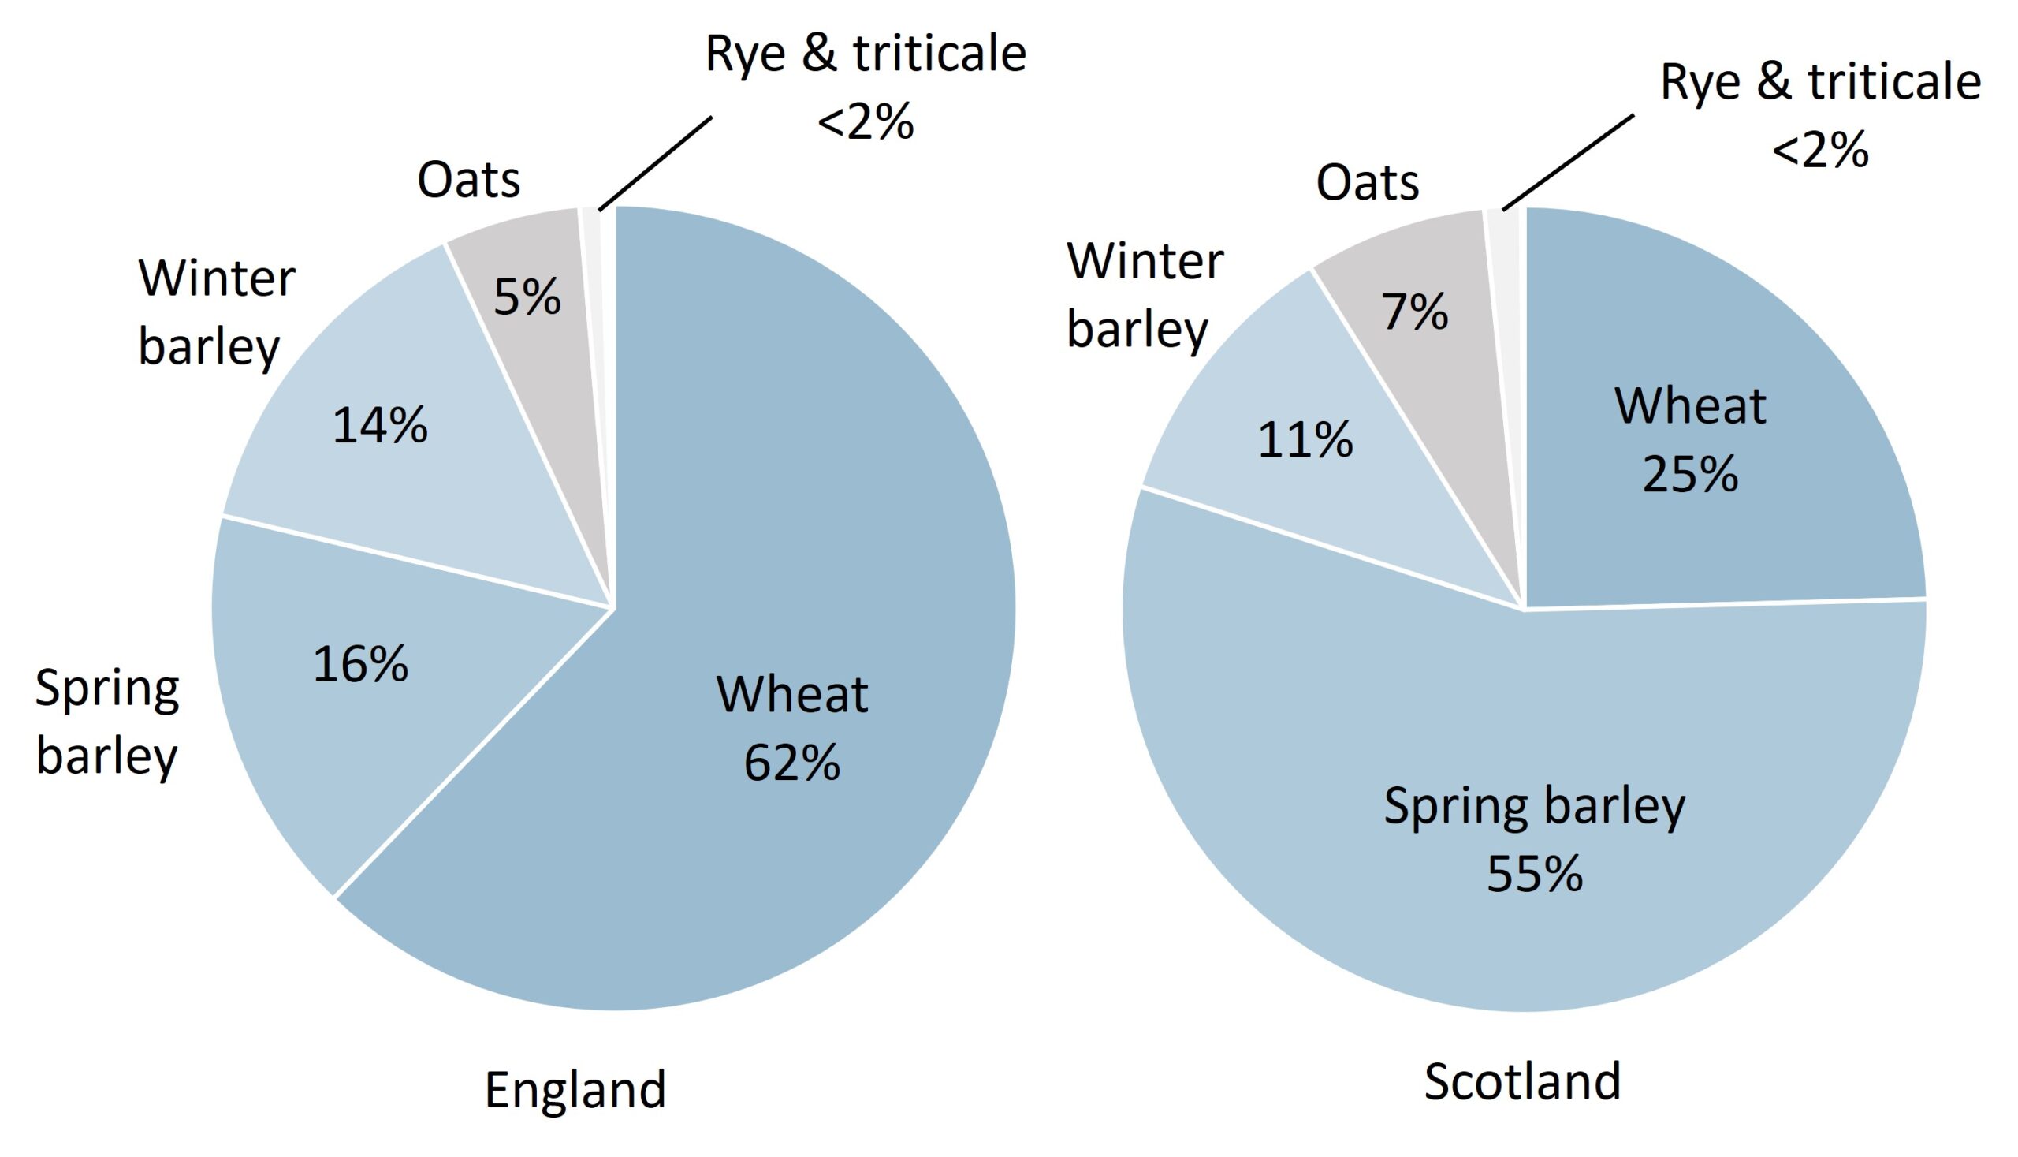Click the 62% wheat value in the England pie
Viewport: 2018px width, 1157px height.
pos(791,763)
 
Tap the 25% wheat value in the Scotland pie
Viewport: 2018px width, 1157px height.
pos(1690,475)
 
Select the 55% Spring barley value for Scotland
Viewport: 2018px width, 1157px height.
pos(1534,873)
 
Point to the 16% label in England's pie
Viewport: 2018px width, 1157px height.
pos(360,664)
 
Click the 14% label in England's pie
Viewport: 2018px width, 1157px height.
pos(380,426)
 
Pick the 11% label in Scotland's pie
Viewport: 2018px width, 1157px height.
pos(1305,439)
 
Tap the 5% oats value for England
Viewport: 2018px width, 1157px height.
pos(527,297)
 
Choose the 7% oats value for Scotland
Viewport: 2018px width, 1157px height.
pos(1415,312)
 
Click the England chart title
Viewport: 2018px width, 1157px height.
pos(575,1089)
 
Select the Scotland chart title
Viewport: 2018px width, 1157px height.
pos(1521,1081)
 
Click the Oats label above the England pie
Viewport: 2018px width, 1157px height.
pos(468,180)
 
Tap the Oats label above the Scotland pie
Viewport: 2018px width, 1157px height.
pos(1367,183)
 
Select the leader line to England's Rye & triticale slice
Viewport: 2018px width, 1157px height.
pos(655,164)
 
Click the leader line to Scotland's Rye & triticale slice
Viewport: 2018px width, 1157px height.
pos(1569,162)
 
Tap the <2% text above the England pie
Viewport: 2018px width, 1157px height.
pos(866,122)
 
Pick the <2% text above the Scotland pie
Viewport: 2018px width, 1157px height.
pos(1820,150)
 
